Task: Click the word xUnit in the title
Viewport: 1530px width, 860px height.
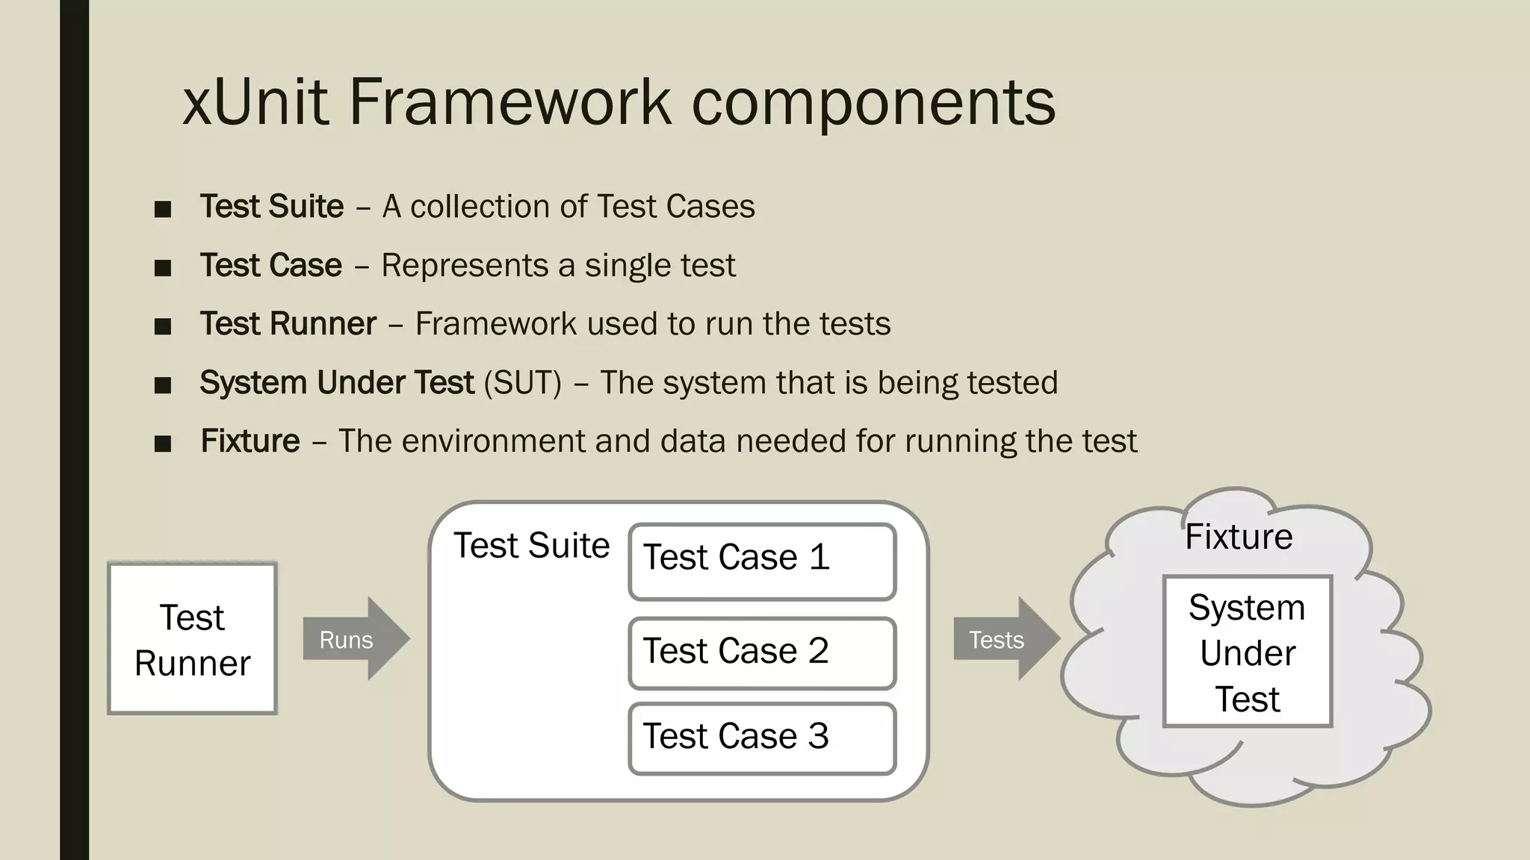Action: (255, 102)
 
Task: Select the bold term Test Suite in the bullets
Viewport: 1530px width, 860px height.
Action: (272, 207)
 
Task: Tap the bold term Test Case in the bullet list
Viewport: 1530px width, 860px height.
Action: (270, 266)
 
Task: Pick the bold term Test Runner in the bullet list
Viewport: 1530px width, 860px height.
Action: (288, 324)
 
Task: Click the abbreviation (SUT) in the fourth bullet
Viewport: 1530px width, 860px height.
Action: (522, 383)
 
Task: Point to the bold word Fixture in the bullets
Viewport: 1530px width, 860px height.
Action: (250, 441)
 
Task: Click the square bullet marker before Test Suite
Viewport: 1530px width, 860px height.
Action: (162, 209)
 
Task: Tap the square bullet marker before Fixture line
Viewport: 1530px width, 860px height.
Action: (162, 444)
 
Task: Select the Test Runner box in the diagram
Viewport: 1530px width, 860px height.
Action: (192, 639)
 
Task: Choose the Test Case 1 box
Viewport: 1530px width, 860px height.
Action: (762, 561)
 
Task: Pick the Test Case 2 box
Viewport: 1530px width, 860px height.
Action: (762, 653)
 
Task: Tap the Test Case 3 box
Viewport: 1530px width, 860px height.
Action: (762, 738)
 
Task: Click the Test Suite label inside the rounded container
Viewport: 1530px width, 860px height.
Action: (531, 546)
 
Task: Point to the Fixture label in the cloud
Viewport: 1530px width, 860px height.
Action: (1239, 537)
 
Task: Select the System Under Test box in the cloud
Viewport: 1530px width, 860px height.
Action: (1247, 652)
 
